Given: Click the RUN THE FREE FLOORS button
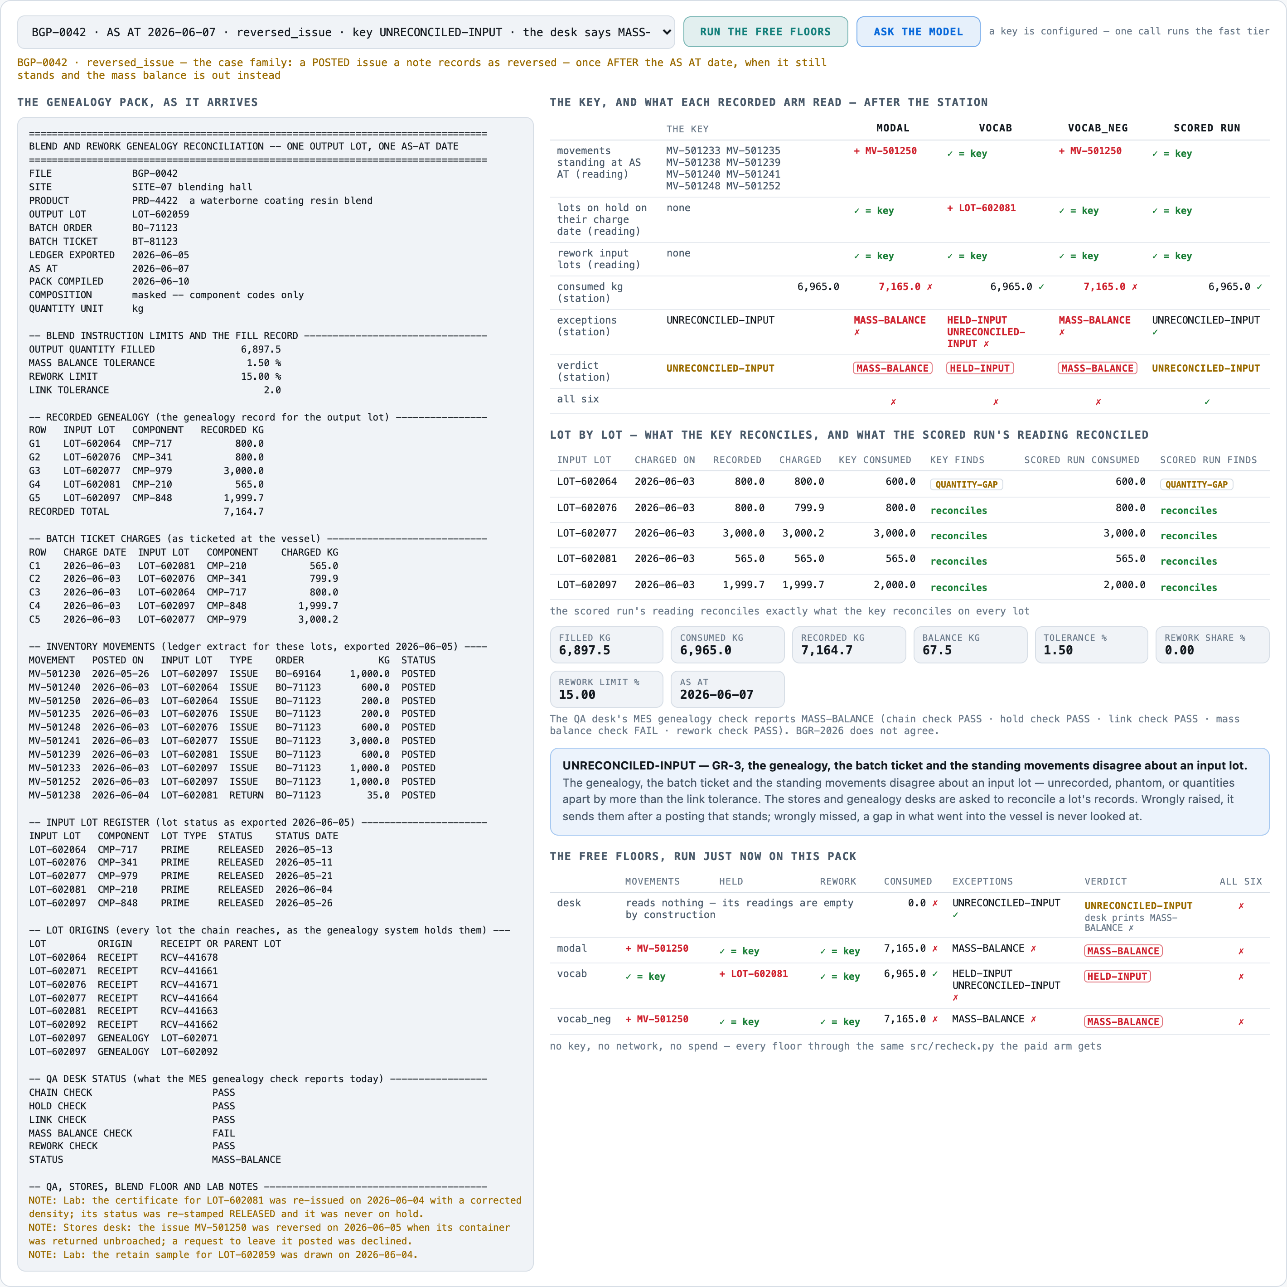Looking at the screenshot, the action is (765, 32).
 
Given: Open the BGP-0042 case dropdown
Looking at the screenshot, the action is (346, 32).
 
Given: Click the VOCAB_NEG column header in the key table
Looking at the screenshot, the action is (1098, 128).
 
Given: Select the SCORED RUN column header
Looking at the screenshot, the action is (1206, 128).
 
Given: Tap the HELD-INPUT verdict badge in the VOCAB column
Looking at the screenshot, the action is (980, 368).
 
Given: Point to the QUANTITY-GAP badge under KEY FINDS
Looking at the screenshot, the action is (966, 484).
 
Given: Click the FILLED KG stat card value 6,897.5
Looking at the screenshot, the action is (584, 650).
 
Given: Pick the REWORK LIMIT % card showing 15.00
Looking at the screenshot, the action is (606, 689).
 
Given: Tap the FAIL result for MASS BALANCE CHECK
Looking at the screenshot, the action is (224, 1133).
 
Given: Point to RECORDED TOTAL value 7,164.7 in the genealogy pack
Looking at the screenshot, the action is (244, 512).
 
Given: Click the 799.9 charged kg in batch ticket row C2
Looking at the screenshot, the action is (324, 579).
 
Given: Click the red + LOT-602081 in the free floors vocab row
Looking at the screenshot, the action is (754, 974).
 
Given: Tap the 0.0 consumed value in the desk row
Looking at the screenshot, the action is (917, 903).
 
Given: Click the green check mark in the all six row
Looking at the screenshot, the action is (1207, 402).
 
